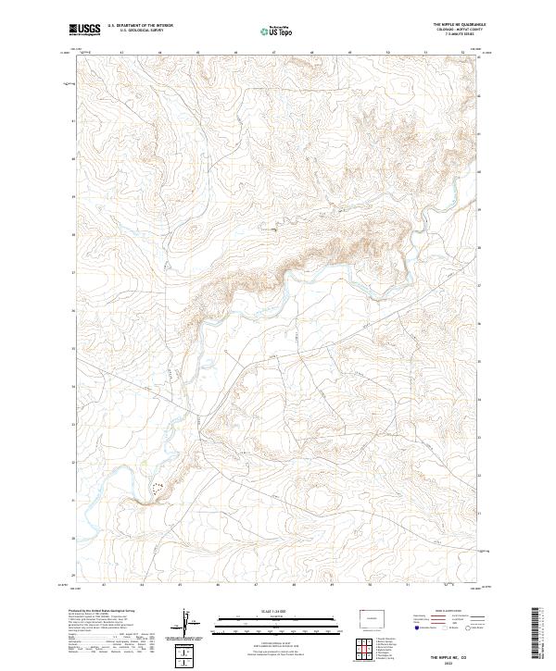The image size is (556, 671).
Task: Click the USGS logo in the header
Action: coord(85,30)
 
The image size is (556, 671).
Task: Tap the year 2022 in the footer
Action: coord(451,663)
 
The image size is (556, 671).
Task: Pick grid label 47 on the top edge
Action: coord(275,52)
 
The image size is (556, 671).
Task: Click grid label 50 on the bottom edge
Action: coord(371,585)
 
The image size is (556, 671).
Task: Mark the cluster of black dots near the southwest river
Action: coord(158,486)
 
